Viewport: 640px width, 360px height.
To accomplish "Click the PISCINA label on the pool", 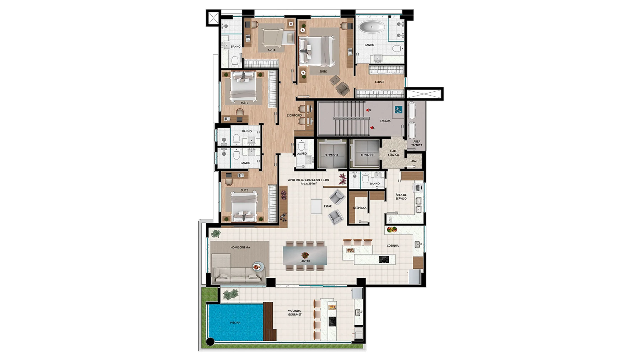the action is pos(235,323).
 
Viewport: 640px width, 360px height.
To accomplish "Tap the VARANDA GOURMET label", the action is pos(295,313).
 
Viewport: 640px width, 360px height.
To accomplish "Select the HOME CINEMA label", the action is pos(240,247).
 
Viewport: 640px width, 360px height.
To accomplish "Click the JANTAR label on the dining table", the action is pos(305,261).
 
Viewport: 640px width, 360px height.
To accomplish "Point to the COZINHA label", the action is pos(393,246).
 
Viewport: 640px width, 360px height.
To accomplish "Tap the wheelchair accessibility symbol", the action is pos(398,110).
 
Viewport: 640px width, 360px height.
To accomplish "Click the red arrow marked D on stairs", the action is pos(367,110).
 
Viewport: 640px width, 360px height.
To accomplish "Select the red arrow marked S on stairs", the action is pos(371,128).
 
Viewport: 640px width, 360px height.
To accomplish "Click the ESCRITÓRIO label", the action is pos(294,115).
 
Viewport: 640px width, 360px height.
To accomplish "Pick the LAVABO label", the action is pos(302,154).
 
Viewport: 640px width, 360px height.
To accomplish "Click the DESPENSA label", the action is pos(360,208).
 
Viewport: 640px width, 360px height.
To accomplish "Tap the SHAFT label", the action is pos(415,161).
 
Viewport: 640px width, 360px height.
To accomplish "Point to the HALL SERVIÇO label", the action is pos(393,153).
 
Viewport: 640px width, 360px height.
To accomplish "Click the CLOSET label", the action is pos(380,82).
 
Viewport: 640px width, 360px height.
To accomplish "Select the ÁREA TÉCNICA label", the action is pos(417,143).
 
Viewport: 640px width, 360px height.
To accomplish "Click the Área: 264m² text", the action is pos(309,184).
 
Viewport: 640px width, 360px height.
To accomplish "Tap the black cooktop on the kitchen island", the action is pos(384,260).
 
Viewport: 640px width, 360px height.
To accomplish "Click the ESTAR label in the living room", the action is pos(328,206).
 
